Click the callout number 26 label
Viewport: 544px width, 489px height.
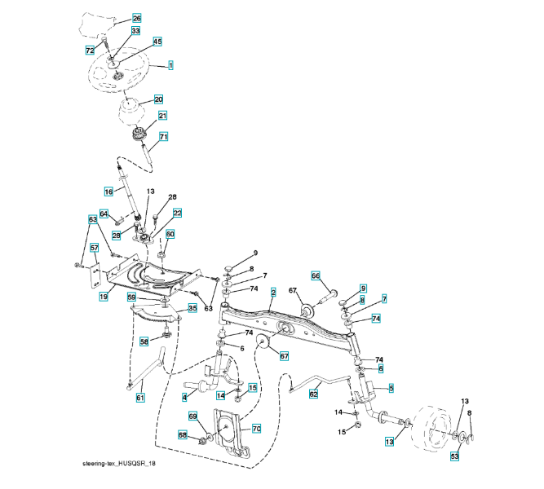(135, 18)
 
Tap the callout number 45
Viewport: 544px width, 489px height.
(157, 42)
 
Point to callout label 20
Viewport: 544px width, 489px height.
(158, 99)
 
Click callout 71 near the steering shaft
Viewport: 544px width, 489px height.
(163, 137)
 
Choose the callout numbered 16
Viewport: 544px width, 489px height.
(108, 191)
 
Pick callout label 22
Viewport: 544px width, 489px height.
(176, 213)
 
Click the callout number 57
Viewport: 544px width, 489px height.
(95, 248)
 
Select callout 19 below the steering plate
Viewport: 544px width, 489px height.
(104, 297)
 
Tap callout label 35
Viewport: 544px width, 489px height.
(192, 309)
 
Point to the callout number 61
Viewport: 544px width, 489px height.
(139, 398)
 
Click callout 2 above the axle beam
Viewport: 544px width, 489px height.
(273, 292)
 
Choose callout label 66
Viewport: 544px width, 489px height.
(316, 275)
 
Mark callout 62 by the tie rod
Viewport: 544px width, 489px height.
(313, 394)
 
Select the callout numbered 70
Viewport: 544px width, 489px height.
(255, 428)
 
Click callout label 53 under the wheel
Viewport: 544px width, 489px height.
(454, 456)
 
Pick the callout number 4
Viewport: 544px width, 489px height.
(184, 396)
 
